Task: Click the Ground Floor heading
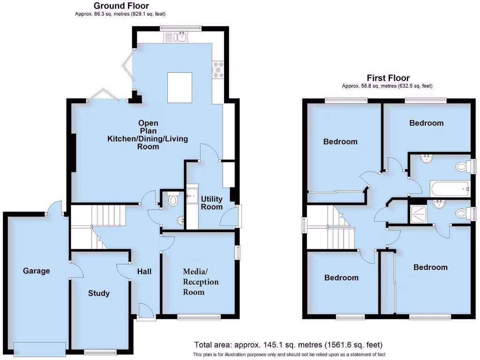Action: coord(121,6)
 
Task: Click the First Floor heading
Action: coord(388,78)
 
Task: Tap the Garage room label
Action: coord(37,271)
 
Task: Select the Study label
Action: coord(99,293)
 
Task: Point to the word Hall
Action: coord(144,271)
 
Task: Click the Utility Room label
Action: coord(211,203)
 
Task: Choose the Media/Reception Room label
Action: coord(201,282)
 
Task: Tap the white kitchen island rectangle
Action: coord(180,87)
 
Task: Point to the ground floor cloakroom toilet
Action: coord(173,200)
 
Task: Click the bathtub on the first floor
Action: coord(450,189)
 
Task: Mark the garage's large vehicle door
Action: coord(39,349)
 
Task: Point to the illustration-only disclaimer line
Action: coord(289,355)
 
